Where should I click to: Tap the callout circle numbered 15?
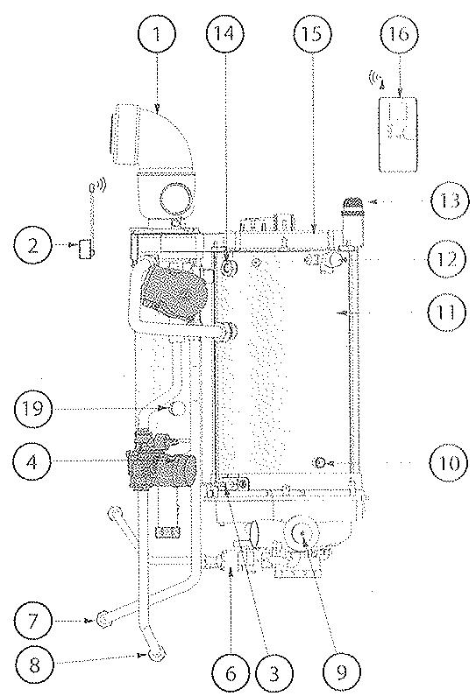click(x=312, y=36)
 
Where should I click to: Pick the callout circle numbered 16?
click(x=402, y=36)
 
